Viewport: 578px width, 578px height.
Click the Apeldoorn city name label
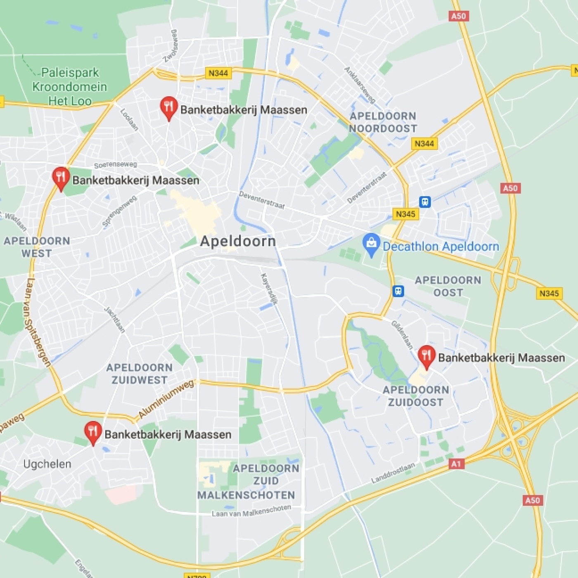pyautogui.click(x=238, y=242)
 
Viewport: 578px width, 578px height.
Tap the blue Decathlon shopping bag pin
pyautogui.click(x=371, y=244)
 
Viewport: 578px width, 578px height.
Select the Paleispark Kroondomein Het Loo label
pyautogui.click(x=69, y=87)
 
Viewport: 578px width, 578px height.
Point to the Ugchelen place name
pyautogui.click(x=47, y=464)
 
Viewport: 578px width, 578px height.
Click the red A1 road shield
pyautogui.click(x=456, y=464)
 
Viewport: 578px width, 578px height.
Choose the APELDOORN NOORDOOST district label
pyautogui.click(x=383, y=122)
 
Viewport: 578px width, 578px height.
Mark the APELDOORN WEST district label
pyautogui.click(x=37, y=247)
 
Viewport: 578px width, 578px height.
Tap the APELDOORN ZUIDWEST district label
pyautogui.click(x=140, y=374)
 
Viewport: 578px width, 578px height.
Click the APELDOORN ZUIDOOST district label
pyautogui.click(x=416, y=396)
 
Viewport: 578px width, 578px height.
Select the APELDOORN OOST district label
pyautogui.click(x=448, y=286)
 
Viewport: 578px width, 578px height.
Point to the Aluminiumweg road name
pyautogui.click(x=166, y=399)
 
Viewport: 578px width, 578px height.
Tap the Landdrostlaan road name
pyautogui.click(x=393, y=473)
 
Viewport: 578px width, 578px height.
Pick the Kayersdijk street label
pyautogui.click(x=269, y=289)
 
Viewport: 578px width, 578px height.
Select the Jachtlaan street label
pyautogui.click(x=114, y=320)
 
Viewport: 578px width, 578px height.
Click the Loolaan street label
pyautogui.click(x=129, y=120)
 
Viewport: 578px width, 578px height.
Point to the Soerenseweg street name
pyautogui.click(x=115, y=165)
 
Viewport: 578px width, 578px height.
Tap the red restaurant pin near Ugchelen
pyautogui.click(x=93, y=432)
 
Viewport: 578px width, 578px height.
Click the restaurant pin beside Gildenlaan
pyautogui.click(x=426, y=356)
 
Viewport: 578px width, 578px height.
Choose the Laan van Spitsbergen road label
pyautogui.click(x=37, y=322)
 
